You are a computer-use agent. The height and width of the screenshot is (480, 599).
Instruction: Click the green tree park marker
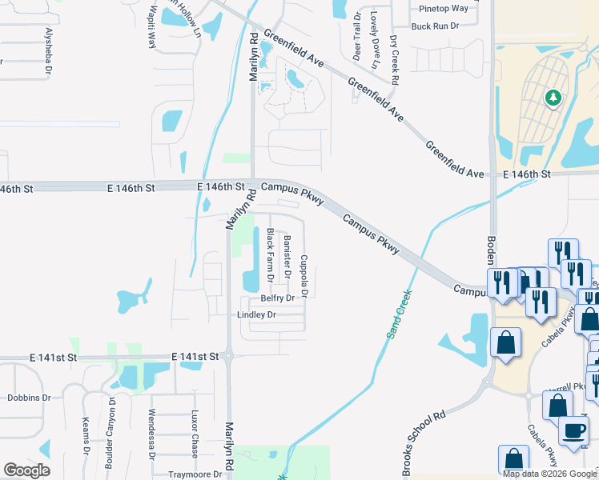point(553,98)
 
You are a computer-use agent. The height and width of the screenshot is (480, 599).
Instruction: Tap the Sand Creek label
point(397,314)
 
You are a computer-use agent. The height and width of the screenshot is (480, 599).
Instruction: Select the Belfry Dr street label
point(279,298)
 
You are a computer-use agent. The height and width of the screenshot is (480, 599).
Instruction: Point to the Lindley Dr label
point(256,315)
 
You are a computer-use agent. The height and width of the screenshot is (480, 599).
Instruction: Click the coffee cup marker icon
point(573,430)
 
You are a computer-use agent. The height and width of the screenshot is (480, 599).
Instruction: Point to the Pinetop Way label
point(444,9)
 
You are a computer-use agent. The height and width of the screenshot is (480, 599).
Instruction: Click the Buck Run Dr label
point(434,26)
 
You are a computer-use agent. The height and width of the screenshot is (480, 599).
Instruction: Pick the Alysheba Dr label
point(49,51)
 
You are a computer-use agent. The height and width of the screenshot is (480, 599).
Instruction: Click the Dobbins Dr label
point(29,397)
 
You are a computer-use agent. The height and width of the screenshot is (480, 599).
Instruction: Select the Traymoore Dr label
point(195,474)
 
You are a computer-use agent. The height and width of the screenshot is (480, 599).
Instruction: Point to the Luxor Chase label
point(194,432)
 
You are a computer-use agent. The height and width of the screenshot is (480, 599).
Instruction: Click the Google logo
point(26,470)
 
